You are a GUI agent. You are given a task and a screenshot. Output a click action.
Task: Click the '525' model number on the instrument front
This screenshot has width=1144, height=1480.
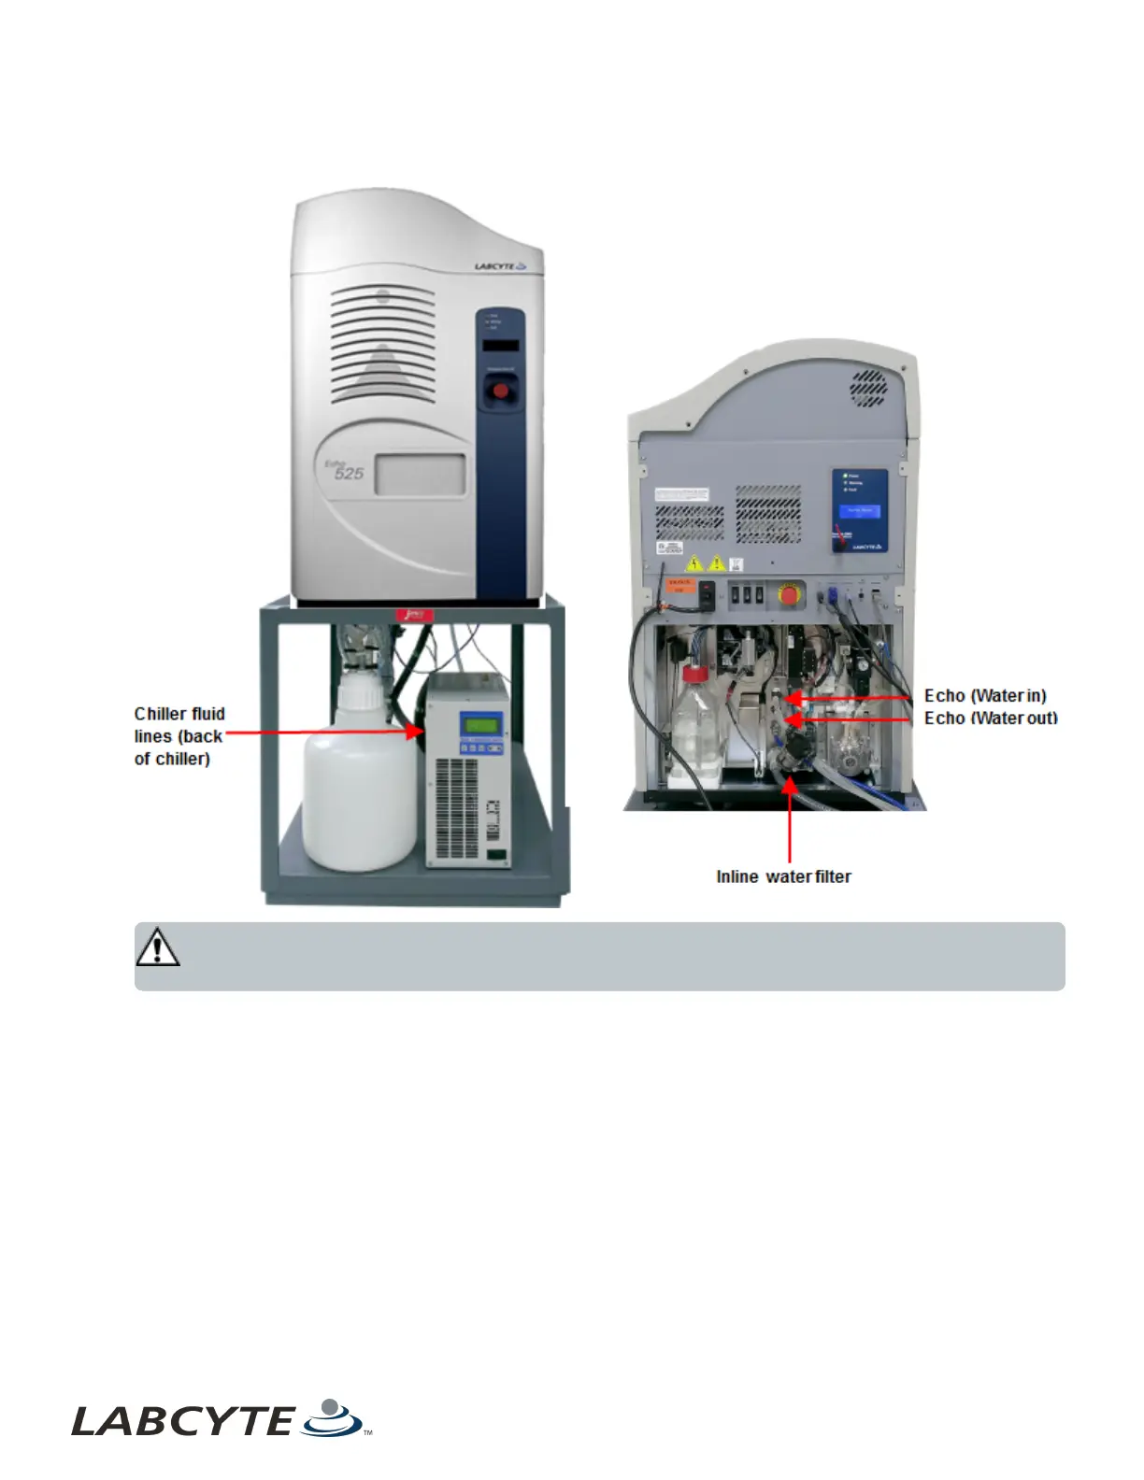coord(349,474)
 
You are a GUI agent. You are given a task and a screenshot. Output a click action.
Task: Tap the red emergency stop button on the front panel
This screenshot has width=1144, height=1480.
coord(501,391)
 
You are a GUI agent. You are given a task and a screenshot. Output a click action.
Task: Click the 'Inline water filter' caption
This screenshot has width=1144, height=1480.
coord(783,876)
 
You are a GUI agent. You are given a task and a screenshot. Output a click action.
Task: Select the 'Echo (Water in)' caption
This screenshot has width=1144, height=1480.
coord(985,695)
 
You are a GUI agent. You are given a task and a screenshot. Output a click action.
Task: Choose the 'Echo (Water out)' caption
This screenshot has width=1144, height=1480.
coord(991,718)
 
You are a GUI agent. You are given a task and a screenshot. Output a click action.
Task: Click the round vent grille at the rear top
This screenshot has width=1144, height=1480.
coord(868,388)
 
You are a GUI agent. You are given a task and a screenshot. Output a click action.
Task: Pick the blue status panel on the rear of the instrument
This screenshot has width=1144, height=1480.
coord(860,510)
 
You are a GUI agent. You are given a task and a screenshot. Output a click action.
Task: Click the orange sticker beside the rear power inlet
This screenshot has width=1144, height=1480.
coord(679,585)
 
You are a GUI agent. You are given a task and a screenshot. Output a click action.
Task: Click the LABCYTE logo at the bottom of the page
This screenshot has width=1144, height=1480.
coord(221,1419)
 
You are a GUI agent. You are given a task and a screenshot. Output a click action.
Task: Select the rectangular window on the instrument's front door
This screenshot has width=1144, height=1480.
coord(420,474)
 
